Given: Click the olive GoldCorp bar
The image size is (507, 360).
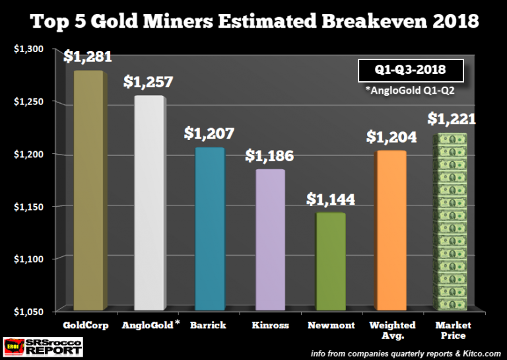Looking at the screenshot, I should (87, 192).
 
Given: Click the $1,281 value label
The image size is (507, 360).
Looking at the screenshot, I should (87, 57).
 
